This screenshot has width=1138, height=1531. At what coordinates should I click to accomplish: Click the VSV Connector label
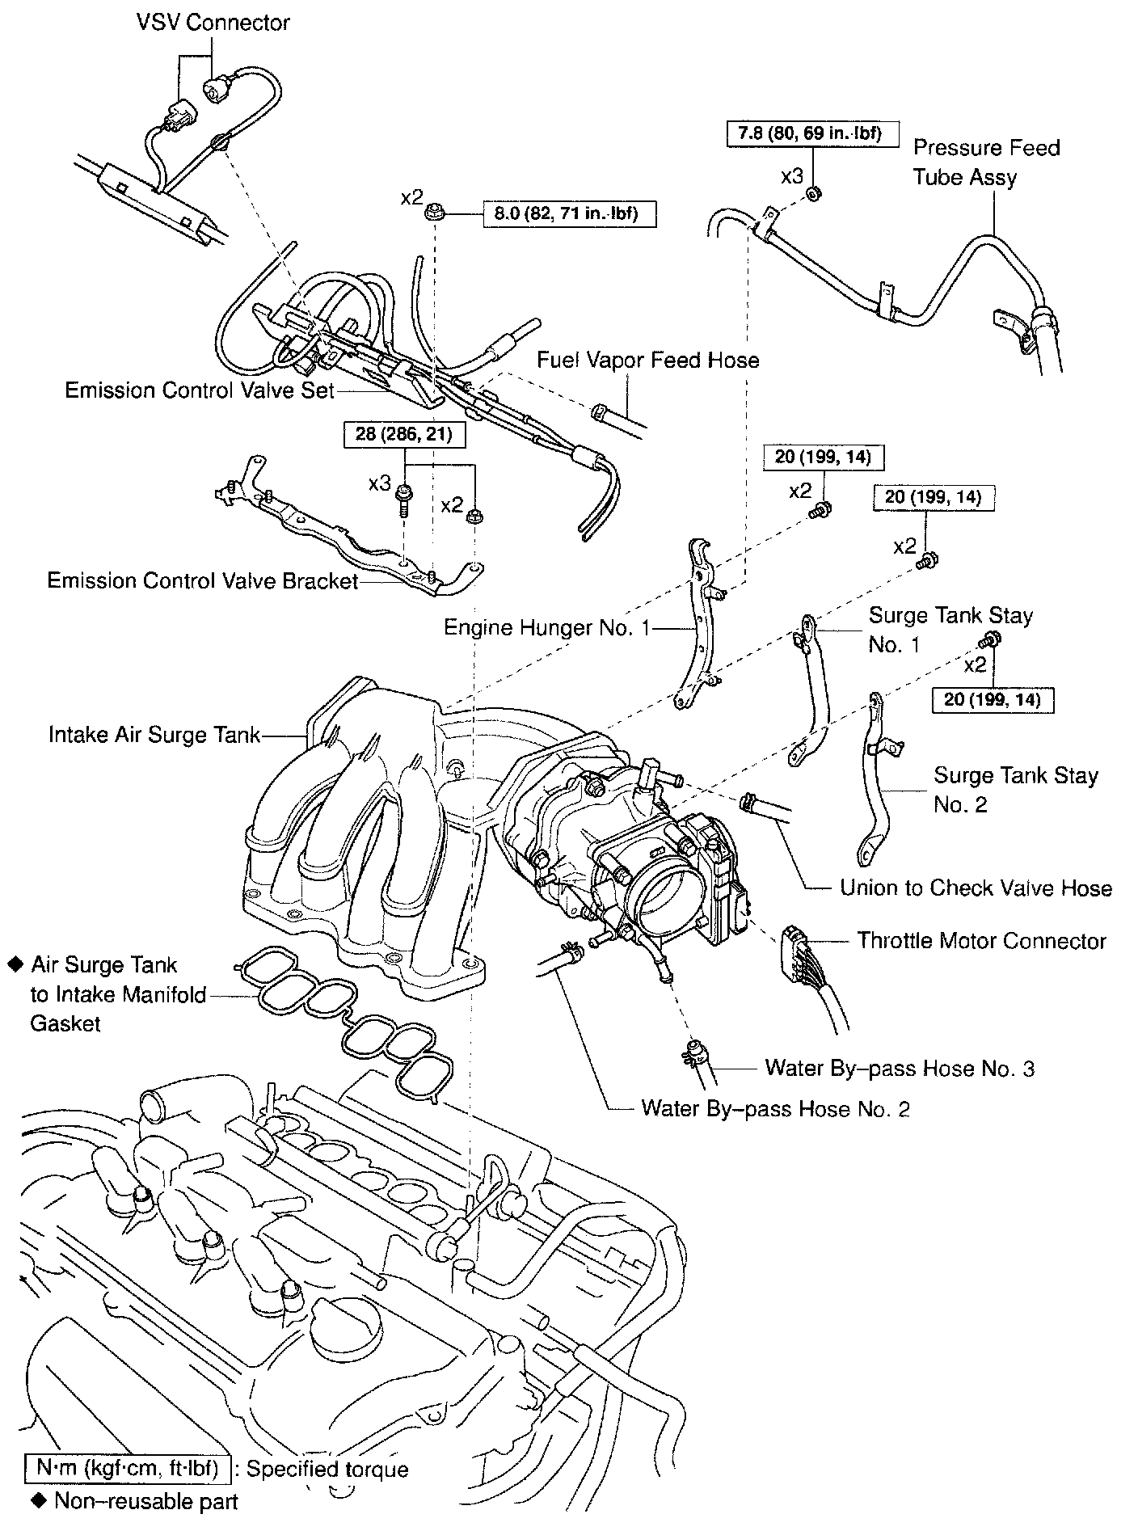(x=213, y=22)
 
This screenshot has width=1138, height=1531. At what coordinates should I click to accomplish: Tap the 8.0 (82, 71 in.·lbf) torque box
(x=569, y=213)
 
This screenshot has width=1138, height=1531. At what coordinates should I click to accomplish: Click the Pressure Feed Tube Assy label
(x=985, y=162)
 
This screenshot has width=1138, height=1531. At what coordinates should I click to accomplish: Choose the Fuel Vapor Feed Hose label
(x=648, y=360)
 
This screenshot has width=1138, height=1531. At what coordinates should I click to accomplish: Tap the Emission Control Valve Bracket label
(x=202, y=580)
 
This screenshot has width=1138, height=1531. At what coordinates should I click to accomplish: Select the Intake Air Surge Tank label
(x=154, y=735)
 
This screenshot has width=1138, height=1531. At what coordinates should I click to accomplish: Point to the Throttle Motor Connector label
(x=981, y=941)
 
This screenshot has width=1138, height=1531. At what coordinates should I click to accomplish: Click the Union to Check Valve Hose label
(x=976, y=888)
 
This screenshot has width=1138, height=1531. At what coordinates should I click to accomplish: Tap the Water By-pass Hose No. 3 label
(x=900, y=1069)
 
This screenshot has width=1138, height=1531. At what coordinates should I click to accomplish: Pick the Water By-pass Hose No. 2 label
(x=775, y=1108)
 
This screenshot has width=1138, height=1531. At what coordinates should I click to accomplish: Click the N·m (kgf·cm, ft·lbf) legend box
(x=129, y=1468)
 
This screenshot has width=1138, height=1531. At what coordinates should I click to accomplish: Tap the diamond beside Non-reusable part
(x=38, y=1501)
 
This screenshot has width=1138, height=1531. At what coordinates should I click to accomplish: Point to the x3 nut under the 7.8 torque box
(x=814, y=194)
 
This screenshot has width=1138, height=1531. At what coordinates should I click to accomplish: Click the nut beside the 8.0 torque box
(x=435, y=213)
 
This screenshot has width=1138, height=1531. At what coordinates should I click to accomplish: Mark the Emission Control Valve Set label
(x=200, y=390)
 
